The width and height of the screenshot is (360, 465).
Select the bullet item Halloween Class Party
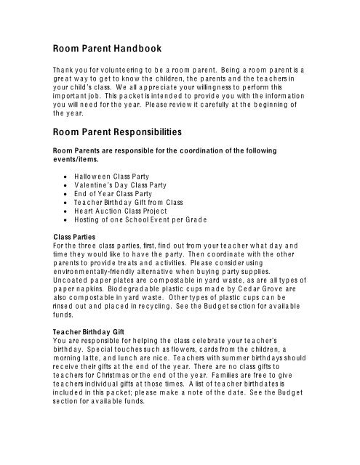pos(110,177)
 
